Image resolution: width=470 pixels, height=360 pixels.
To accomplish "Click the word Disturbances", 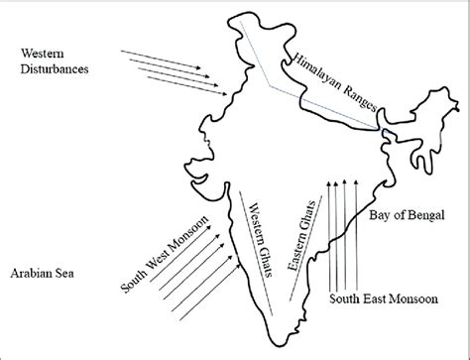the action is [x=55, y=69].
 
